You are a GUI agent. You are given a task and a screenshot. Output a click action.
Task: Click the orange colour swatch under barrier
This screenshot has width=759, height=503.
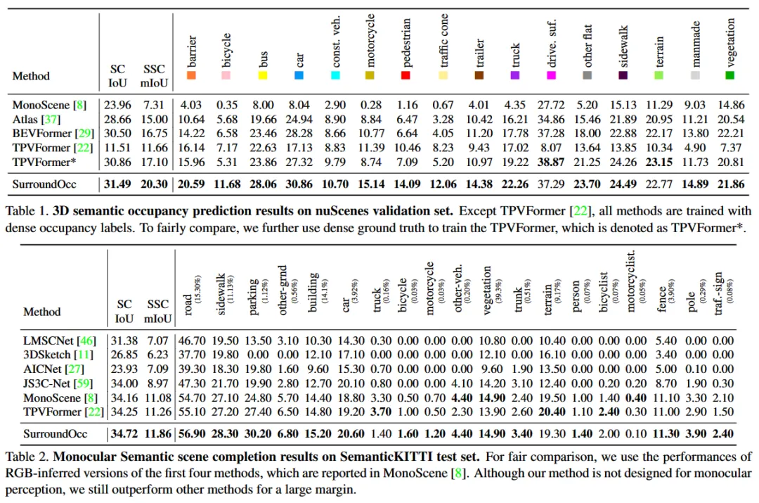click(191, 75)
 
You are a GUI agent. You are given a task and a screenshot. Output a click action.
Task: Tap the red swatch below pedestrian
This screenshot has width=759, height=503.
click(406, 75)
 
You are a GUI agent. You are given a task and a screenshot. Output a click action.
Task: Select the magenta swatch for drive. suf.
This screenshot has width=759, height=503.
click(551, 75)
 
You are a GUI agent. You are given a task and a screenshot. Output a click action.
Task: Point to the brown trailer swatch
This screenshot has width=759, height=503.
click(479, 75)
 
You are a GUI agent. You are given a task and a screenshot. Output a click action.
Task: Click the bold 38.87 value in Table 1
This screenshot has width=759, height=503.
click(551, 162)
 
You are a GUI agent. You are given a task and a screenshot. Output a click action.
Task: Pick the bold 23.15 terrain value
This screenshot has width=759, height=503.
click(659, 162)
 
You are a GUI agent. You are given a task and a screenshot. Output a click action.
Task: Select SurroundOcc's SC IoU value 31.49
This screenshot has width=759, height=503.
click(117, 184)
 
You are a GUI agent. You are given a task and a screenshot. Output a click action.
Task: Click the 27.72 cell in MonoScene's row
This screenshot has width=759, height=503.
click(551, 105)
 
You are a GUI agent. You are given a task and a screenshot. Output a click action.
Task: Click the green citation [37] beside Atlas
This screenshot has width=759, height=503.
click(51, 119)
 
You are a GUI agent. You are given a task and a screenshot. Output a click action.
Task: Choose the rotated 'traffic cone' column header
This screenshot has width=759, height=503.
click(443, 41)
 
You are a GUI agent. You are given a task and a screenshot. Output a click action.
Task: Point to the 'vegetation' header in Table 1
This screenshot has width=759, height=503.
click(730, 43)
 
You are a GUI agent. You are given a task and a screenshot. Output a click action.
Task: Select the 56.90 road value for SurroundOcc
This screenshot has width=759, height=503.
click(192, 433)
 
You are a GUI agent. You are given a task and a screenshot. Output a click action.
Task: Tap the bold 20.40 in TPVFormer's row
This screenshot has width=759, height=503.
click(552, 412)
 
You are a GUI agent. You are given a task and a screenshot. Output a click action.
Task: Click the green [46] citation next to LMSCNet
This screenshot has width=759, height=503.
click(86, 340)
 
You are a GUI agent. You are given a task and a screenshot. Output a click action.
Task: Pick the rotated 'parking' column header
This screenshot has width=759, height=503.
click(253, 297)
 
